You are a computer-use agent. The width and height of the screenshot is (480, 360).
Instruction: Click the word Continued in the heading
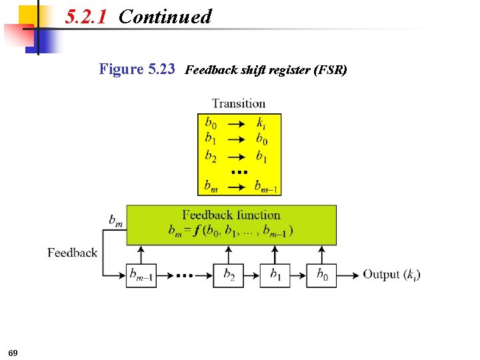click(165, 17)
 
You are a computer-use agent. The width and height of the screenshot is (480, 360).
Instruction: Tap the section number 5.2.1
click(86, 17)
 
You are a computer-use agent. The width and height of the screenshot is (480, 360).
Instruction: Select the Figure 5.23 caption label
click(137, 69)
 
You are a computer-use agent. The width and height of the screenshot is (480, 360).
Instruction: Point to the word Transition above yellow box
click(239, 103)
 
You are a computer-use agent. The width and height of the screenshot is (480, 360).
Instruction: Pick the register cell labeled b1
click(275, 275)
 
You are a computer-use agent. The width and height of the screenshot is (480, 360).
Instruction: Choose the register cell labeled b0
click(321, 275)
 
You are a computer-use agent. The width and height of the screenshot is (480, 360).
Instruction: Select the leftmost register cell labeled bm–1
click(141, 275)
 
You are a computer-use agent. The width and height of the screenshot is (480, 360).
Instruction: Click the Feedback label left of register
click(72, 253)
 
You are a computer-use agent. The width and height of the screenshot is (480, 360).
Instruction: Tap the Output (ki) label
click(391, 275)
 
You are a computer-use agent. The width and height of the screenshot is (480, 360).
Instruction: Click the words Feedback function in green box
click(231, 215)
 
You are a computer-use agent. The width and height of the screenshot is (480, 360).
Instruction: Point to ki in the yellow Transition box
click(261, 123)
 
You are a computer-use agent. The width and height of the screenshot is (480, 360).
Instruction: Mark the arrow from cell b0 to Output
click(347, 275)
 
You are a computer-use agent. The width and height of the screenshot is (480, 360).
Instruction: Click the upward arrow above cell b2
click(228, 254)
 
